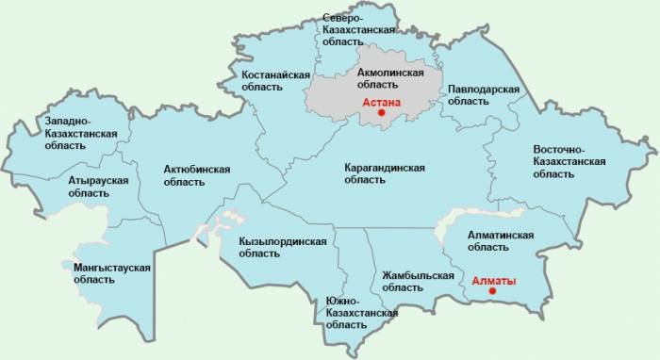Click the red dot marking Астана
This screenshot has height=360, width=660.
(x=382, y=112)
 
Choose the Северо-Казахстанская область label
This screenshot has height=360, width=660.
(x=355, y=31)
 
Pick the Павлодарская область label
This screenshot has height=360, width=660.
(x=485, y=95)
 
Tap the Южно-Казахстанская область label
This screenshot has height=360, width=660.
(x=355, y=311)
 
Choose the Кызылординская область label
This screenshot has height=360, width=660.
(x=283, y=247)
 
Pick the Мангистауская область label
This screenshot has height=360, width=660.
(x=112, y=273)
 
